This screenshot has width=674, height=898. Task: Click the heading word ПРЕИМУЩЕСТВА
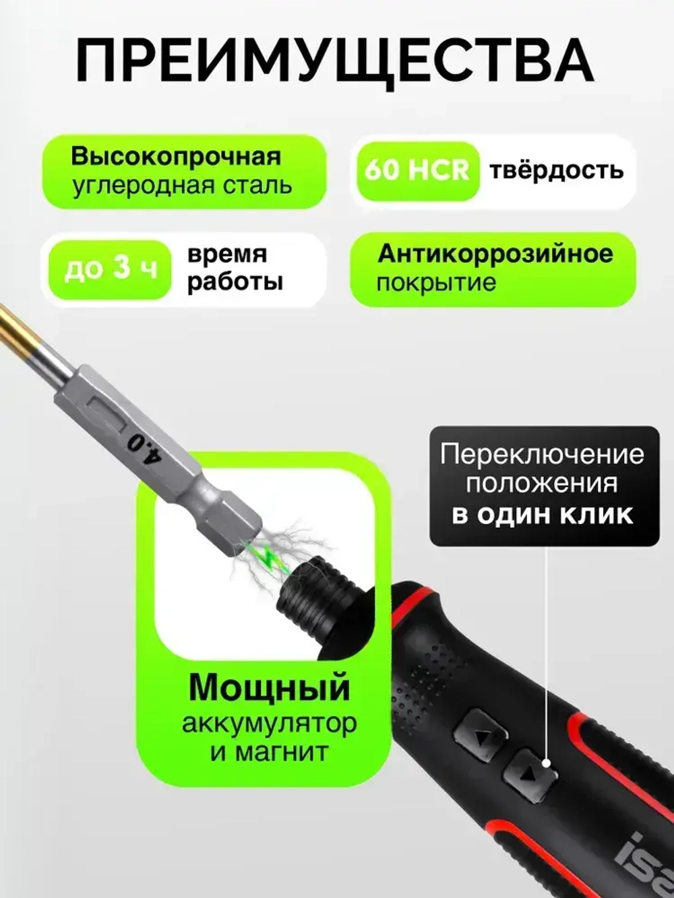(x=335, y=60)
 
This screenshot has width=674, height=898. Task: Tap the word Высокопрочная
(x=175, y=156)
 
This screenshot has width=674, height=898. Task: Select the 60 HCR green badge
(x=417, y=170)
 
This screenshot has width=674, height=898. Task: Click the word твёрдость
(x=556, y=170)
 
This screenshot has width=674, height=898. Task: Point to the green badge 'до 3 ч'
(x=111, y=269)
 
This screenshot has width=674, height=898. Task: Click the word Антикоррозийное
(x=495, y=254)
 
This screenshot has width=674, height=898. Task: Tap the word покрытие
(x=435, y=283)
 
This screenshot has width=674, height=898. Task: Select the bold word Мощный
(x=269, y=687)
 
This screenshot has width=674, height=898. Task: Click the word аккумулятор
(x=269, y=724)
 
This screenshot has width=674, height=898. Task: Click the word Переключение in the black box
(x=542, y=454)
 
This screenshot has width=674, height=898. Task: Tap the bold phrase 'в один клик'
(x=542, y=515)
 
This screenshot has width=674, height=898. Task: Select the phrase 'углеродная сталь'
(x=182, y=186)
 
